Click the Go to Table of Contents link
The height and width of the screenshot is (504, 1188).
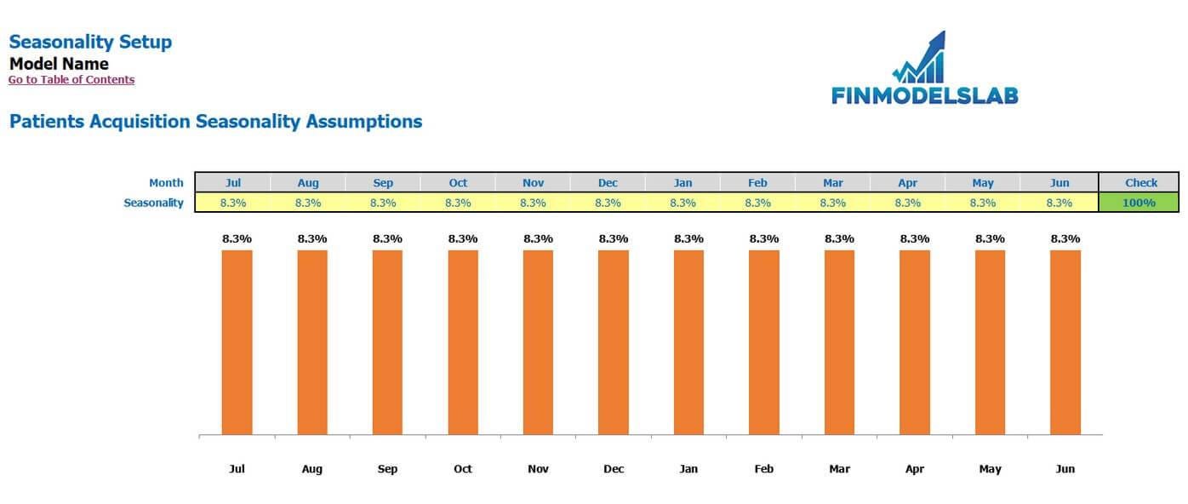point(71,80)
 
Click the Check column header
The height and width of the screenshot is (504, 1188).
point(1140,182)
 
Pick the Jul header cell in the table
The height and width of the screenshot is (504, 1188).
point(233,182)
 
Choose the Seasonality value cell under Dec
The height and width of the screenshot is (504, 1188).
point(608,203)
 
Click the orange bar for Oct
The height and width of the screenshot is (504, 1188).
point(463,341)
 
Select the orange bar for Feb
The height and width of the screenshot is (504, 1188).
point(764,341)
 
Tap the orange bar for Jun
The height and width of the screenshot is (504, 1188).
point(1065,341)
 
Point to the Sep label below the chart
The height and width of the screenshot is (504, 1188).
point(387,469)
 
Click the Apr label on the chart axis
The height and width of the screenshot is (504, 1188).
point(915,469)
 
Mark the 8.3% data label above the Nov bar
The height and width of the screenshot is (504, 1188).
point(538,239)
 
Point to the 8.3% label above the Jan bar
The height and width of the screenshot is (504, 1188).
point(688,239)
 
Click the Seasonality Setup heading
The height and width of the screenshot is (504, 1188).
point(90,42)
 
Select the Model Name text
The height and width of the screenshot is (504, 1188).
point(59,64)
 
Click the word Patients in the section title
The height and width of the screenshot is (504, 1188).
point(48,122)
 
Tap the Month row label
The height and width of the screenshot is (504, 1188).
point(166,182)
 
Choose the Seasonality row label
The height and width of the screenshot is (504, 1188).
point(153,203)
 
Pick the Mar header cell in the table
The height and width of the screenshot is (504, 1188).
point(833,182)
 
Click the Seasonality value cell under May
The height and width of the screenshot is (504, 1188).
point(982,203)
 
